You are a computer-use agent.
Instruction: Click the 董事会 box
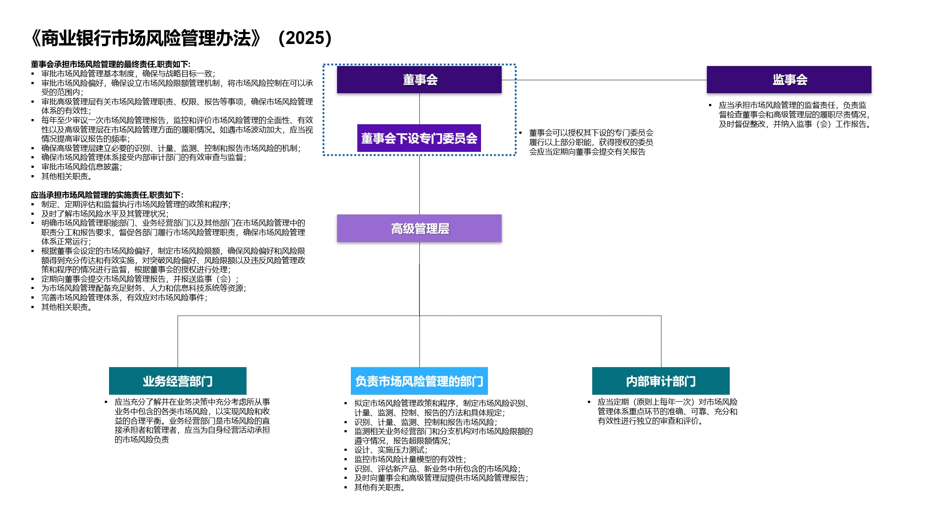click(x=419, y=79)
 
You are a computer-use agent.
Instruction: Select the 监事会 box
click(x=789, y=79)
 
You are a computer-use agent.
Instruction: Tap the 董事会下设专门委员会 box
click(x=419, y=138)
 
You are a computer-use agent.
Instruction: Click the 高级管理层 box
click(x=419, y=228)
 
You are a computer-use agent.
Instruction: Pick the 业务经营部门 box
click(x=178, y=381)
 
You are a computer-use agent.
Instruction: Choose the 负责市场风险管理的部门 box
click(x=419, y=381)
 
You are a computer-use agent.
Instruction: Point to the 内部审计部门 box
click(x=661, y=381)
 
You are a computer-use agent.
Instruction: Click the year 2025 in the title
click(x=305, y=38)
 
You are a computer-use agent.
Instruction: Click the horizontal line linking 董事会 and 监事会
click(x=603, y=80)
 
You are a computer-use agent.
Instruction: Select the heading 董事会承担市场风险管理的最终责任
click(x=110, y=64)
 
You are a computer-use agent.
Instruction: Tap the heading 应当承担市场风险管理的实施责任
click(x=107, y=195)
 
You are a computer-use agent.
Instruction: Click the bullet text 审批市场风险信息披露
click(x=82, y=167)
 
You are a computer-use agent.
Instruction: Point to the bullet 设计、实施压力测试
click(x=391, y=450)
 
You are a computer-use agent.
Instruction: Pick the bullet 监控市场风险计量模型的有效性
click(x=410, y=459)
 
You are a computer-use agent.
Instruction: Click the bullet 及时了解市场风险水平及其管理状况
click(x=105, y=214)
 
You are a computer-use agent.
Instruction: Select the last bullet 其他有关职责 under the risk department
click(x=379, y=487)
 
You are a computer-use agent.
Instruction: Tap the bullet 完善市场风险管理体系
click(x=124, y=298)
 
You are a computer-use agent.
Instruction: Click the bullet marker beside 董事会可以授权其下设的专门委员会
click(x=520, y=133)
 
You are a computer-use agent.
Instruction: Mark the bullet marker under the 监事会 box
click(x=710, y=105)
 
